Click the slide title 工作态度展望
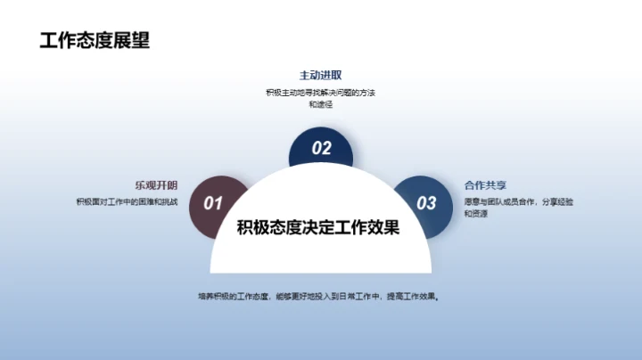tap(95, 40)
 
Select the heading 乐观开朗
tap(156, 185)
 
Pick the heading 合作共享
tap(485, 185)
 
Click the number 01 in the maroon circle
tap(213, 203)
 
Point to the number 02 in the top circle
tap(321, 149)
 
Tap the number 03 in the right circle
tap(427, 203)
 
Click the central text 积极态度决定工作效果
tap(318, 227)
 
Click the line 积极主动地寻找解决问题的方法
tap(320, 93)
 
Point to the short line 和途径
tap(320, 105)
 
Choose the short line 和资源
tap(474, 215)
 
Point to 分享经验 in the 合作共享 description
tap(557, 202)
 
